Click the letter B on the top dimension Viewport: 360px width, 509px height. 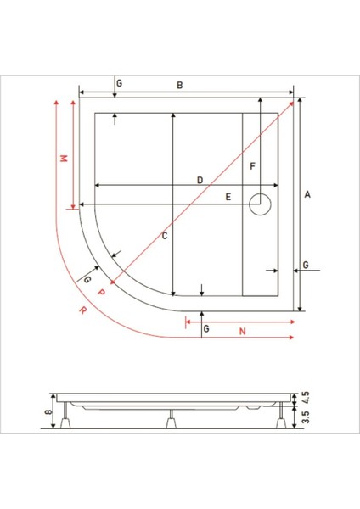[179, 85]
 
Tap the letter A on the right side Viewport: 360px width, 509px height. [308, 195]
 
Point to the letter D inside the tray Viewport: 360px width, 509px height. [200, 180]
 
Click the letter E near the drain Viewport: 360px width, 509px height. [228, 197]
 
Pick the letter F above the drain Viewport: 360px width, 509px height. [252, 166]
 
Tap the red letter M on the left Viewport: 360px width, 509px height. [62, 159]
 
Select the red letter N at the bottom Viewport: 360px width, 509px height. [242, 331]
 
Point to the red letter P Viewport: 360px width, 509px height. [101, 291]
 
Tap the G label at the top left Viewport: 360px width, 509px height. [120, 83]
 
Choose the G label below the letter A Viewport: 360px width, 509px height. [306, 266]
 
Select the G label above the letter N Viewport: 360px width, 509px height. [206, 327]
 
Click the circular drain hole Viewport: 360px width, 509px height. [259, 202]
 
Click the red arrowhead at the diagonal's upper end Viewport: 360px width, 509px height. [294, 102]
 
